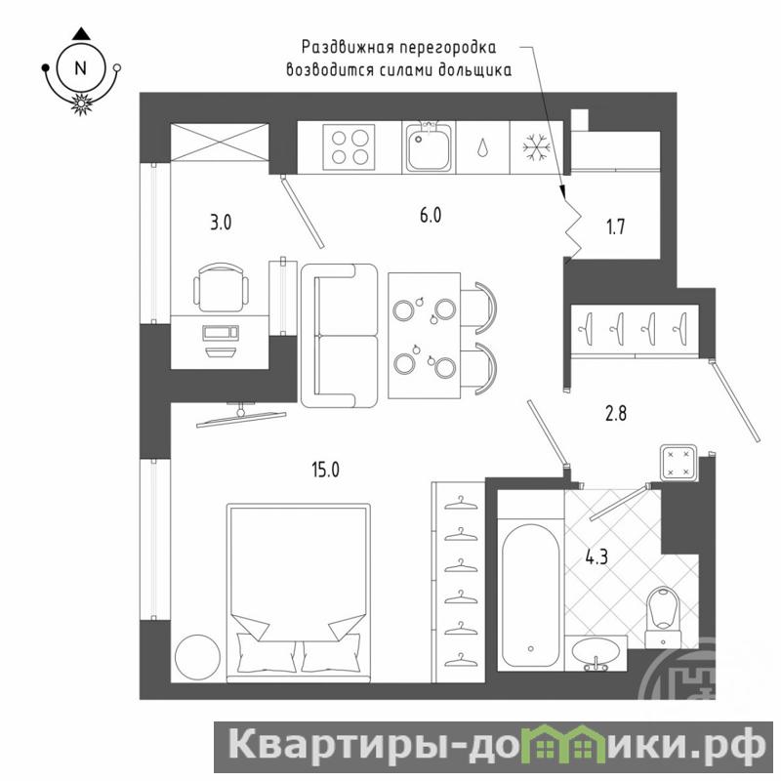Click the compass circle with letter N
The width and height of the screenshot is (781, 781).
(80, 67)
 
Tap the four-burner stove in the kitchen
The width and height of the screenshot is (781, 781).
(349, 147)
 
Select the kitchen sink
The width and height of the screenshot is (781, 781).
(430, 146)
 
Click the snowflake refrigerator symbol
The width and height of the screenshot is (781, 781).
(536, 147)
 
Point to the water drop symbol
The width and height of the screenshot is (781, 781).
(482, 148)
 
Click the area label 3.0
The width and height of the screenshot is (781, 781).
(221, 223)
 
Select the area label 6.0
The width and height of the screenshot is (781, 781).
(431, 216)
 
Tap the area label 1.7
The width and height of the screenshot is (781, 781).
(616, 227)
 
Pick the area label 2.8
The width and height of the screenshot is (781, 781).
(616, 413)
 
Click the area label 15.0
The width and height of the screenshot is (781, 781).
(326, 470)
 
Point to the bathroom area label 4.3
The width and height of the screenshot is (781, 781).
(596, 556)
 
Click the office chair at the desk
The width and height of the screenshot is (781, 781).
(221, 287)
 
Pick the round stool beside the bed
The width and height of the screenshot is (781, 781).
(198, 657)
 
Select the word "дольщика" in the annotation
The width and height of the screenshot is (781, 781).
(474, 70)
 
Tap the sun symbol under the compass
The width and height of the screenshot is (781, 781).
(80, 103)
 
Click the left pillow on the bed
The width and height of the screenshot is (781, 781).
(267, 652)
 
